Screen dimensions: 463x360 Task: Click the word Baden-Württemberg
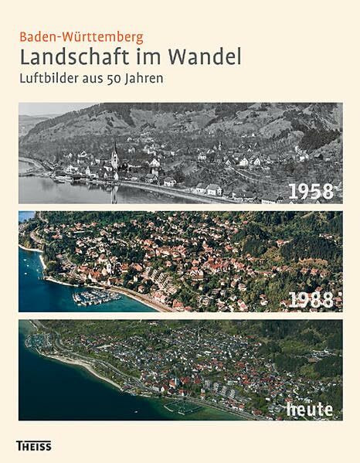tap(81, 36)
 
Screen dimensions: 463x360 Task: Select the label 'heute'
tap(308, 408)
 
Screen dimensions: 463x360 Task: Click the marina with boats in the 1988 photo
tap(93, 297)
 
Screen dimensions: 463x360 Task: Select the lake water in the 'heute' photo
tap(62, 394)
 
